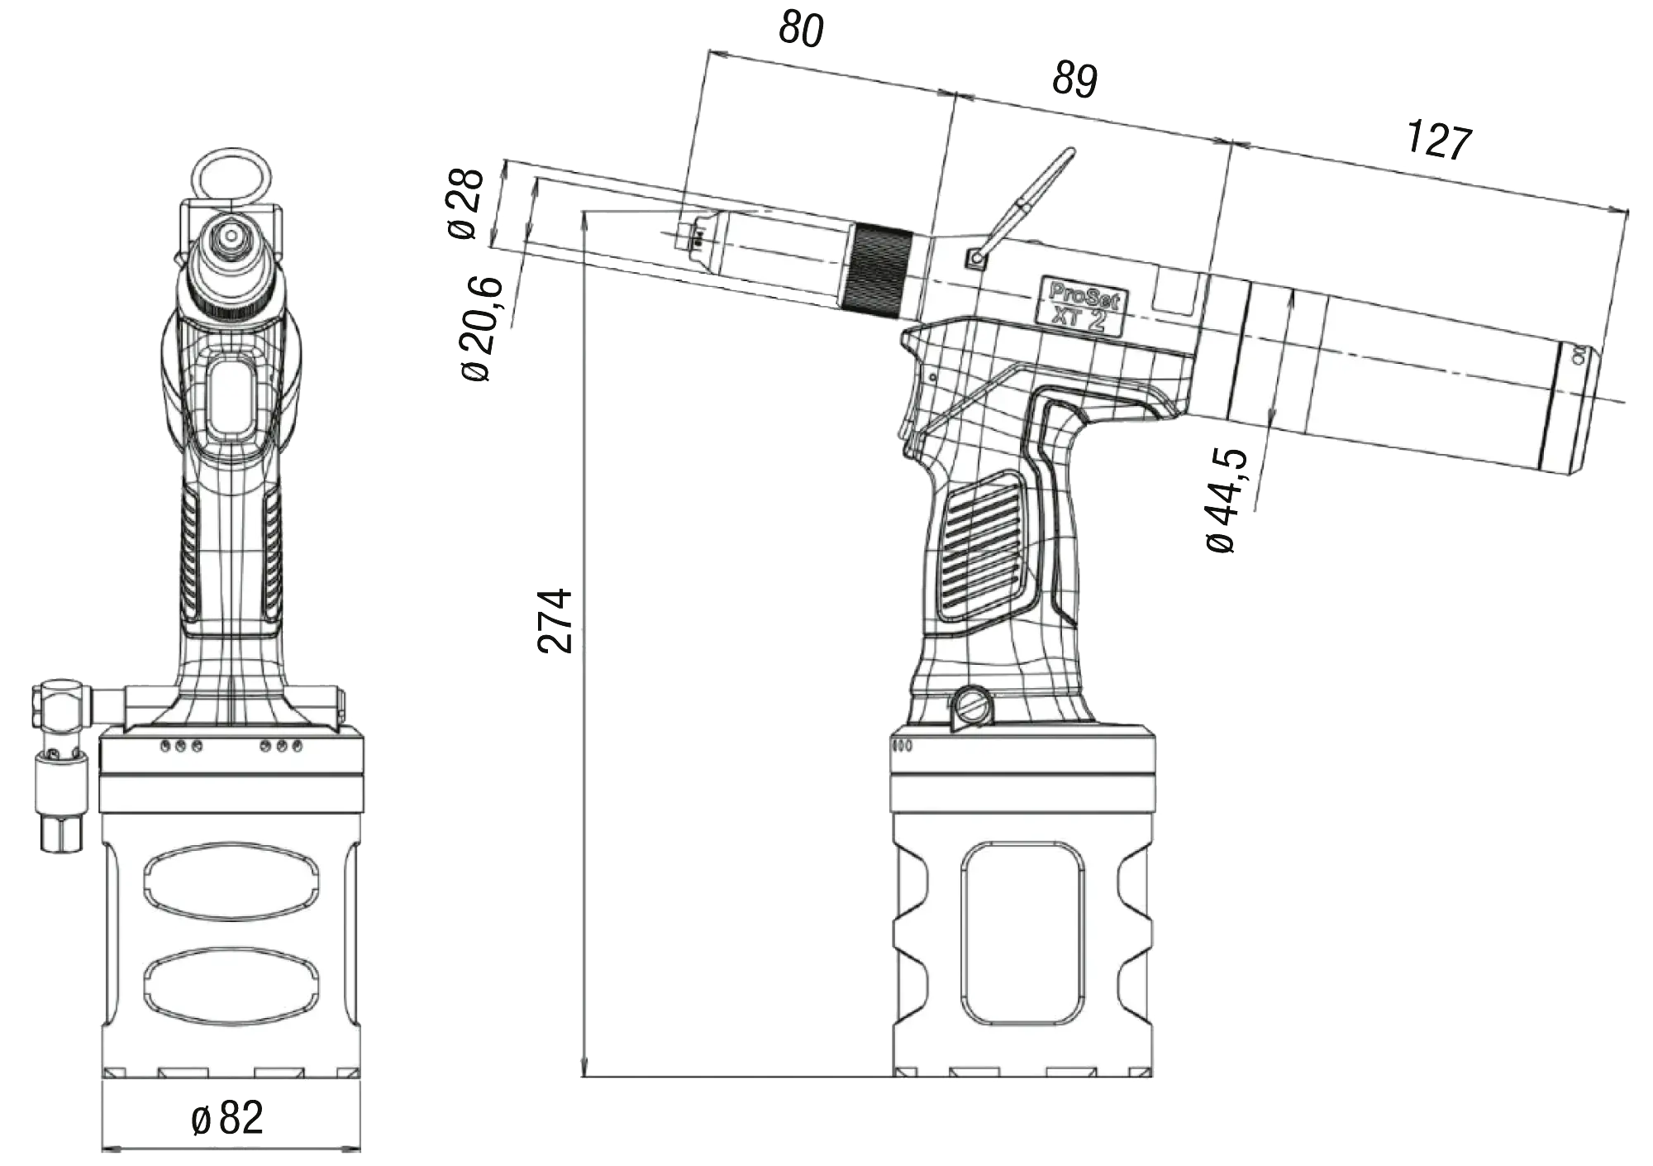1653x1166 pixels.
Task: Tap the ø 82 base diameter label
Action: pos(228,1119)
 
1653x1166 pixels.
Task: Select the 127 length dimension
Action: pos(1440,140)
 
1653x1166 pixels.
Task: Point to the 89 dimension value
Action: pos(1074,80)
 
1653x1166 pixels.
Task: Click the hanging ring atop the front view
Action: pos(231,174)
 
